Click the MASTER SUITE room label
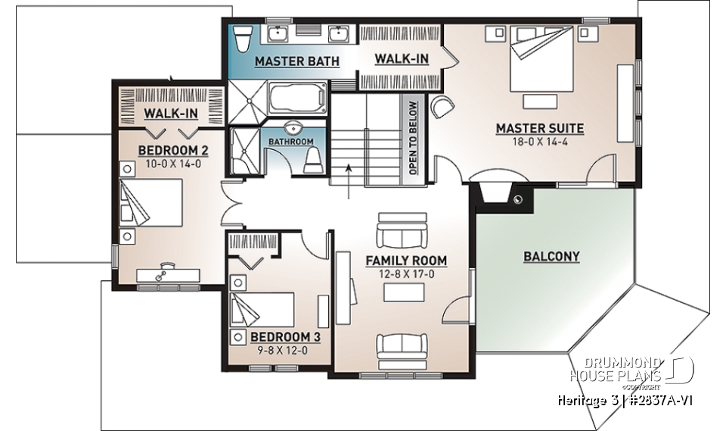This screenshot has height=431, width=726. (x=539, y=128)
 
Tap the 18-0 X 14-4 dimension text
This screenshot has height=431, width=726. (x=539, y=142)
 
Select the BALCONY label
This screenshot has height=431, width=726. (x=551, y=257)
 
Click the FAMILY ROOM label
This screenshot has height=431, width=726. (x=406, y=261)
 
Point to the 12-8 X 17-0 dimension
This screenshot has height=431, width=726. (x=406, y=273)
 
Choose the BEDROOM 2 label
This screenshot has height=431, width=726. (x=173, y=150)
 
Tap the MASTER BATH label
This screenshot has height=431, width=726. (x=296, y=61)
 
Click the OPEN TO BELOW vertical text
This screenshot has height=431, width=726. (x=413, y=138)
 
